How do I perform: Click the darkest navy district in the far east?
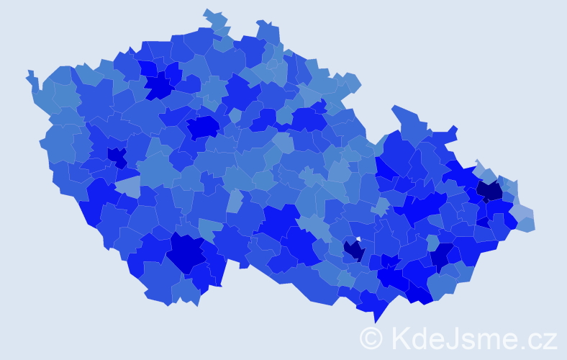point(490,191)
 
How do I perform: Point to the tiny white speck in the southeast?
point(358,240)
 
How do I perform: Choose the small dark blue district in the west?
point(116,156)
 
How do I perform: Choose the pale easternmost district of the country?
point(527,222)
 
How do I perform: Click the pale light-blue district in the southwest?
point(128,187)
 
